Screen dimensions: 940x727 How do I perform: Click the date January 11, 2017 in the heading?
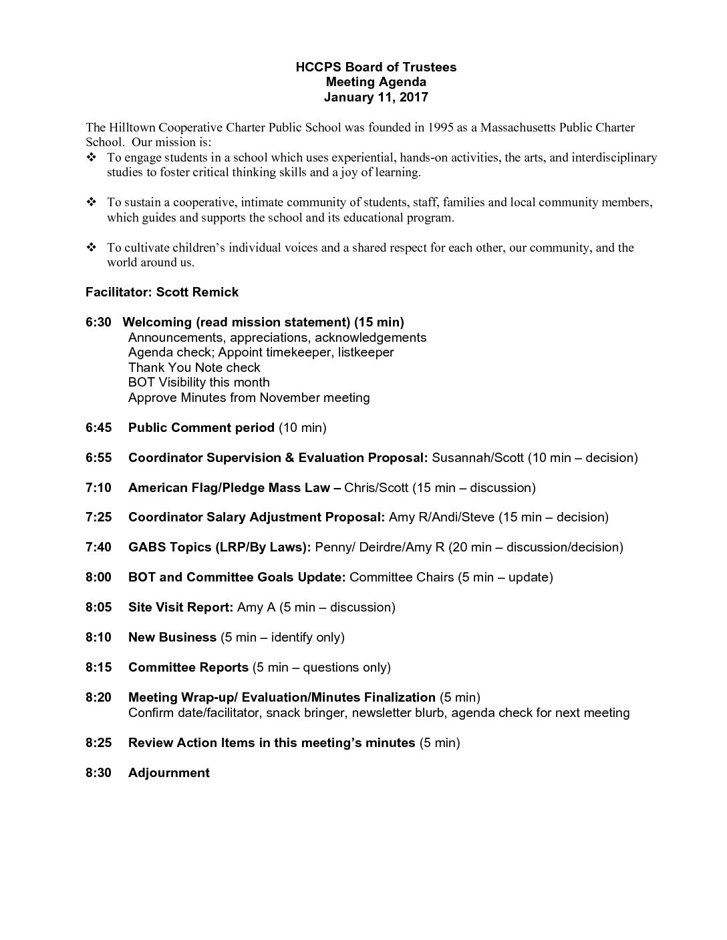coord(376,97)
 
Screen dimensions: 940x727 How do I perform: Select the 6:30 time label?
coord(98,322)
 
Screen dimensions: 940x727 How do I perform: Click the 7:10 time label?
coord(98,488)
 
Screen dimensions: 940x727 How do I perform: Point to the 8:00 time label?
coord(98,577)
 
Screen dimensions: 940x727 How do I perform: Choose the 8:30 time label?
coord(98,773)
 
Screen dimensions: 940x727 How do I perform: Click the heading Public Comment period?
coord(201,428)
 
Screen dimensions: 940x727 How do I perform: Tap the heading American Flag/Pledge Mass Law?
coord(229,488)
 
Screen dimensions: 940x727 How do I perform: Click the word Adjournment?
coord(169,773)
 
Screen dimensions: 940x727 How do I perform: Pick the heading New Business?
coord(172,638)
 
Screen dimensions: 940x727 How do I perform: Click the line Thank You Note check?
coord(194,368)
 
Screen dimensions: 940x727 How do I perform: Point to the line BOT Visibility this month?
coord(199,383)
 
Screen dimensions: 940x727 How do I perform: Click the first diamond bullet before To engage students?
coord(92,158)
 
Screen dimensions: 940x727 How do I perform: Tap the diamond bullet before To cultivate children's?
coord(92,248)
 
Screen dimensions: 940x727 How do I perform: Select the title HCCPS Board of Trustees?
coord(376,67)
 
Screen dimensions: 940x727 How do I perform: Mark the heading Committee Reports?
coord(188,668)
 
